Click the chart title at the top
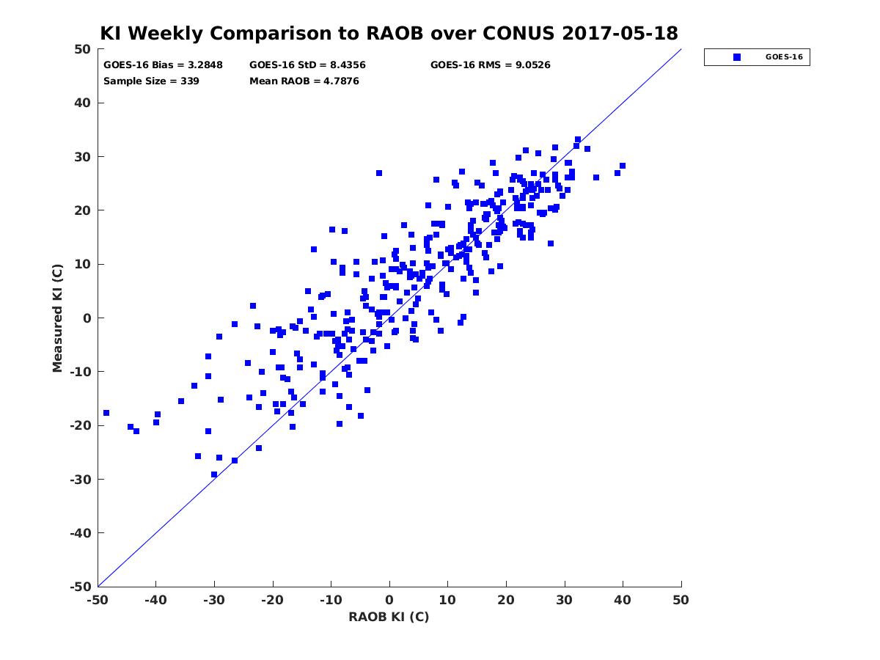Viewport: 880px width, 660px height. pos(389,33)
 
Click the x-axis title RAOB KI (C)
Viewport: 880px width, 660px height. pos(389,617)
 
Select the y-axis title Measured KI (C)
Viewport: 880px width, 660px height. pos(57,318)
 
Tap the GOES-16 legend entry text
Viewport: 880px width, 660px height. pos(784,57)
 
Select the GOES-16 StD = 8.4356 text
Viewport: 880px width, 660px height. pos(307,65)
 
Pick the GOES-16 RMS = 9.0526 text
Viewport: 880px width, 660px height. pos(490,65)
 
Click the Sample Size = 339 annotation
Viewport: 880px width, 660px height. pos(151,81)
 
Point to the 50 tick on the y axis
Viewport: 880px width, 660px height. pos(82,49)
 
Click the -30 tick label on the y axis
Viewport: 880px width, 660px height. pos(79,479)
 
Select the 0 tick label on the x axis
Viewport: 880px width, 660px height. pos(389,600)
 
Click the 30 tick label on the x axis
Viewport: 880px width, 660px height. pos(565,600)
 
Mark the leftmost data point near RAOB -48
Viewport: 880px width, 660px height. pos(106,413)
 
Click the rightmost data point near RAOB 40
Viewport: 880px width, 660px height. pos(623,166)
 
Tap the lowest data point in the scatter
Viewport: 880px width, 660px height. pos(214,474)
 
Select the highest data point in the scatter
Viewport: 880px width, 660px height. pos(578,139)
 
